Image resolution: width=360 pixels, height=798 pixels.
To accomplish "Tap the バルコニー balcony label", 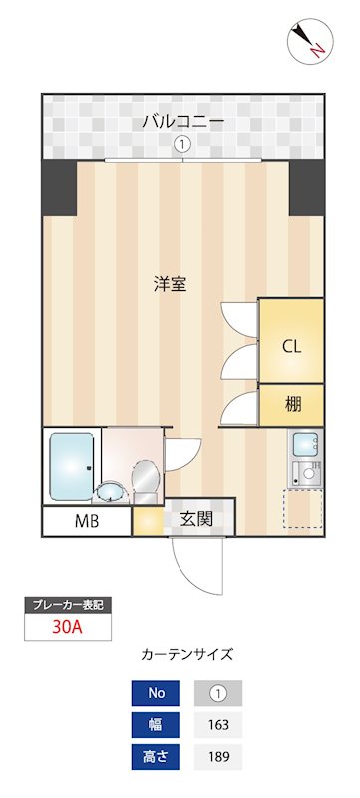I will (181, 122).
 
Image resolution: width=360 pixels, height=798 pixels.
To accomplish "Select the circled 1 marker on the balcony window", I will (181, 144).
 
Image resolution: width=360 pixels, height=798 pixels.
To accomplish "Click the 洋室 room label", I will (170, 284).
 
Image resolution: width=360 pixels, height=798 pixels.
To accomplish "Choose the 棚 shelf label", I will (292, 405).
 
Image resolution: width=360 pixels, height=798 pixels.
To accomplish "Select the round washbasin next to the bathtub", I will (111, 490).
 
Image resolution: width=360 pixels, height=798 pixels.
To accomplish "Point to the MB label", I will (87, 521).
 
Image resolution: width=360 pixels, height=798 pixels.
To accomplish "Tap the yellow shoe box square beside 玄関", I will (149, 520).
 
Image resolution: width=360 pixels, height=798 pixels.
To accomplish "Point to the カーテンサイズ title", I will (187, 655).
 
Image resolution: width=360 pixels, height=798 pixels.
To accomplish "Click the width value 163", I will (217, 725).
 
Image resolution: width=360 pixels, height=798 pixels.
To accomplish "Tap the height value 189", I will (217, 757).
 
